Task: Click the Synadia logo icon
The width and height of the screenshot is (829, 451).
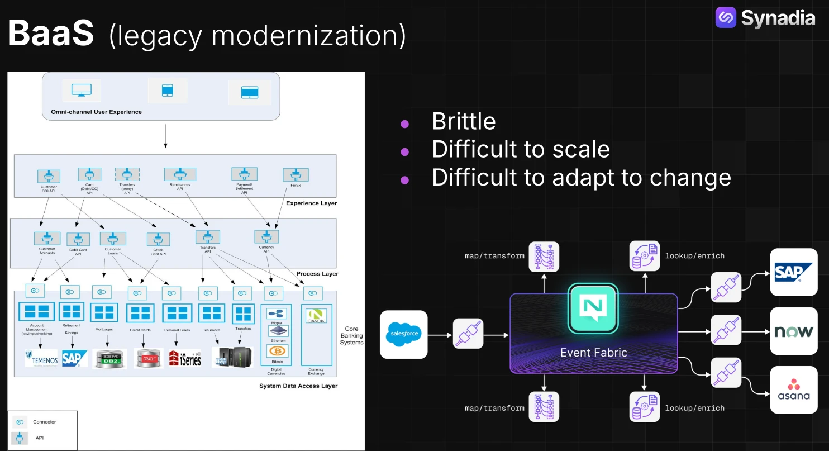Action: [x=726, y=18]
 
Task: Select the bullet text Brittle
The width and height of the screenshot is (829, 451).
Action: [x=464, y=121]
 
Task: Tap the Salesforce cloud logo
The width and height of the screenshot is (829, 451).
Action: [x=403, y=335]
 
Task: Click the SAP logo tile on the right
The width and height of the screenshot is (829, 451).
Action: [x=793, y=272]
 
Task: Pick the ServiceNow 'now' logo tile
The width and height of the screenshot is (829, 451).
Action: [x=793, y=331]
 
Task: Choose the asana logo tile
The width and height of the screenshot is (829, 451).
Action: [x=793, y=390]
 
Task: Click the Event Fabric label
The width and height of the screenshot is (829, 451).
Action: [x=593, y=353]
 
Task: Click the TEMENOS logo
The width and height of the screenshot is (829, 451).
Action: [x=41, y=358]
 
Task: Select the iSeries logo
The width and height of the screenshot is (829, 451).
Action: [x=185, y=358]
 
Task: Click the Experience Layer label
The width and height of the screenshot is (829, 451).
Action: [x=311, y=203]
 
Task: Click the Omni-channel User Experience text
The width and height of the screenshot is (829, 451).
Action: [x=96, y=112]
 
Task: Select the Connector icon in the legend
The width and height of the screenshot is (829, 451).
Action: [x=20, y=422]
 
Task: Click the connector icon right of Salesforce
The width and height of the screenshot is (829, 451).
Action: [x=468, y=335]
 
